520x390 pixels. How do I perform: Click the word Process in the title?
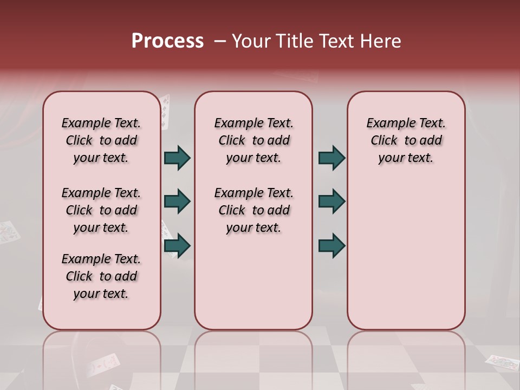point(167,41)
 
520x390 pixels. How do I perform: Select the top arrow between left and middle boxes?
point(177,158)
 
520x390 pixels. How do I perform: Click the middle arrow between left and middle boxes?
point(177,201)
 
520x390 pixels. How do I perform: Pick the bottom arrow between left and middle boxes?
point(177,246)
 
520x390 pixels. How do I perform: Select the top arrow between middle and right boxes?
point(331,158)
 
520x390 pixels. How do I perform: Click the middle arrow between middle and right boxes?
point(331,201)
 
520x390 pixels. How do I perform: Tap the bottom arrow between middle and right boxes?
point(331,246)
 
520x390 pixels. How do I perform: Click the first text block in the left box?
point(101,140)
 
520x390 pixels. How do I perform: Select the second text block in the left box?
point(101,210)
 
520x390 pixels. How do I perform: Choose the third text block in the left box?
point(101,276)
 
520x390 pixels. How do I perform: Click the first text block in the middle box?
point(253,140)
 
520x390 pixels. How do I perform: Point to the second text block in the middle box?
point(253,210)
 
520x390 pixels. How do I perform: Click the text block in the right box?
point(406,140)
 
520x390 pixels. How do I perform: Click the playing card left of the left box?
point(9,232)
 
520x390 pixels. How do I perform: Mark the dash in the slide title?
point(220,41)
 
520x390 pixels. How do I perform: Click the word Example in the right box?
point(387,123)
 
